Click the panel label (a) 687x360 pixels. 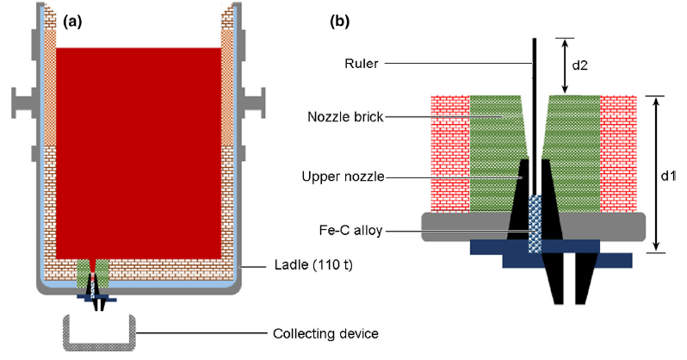tap(70, 22)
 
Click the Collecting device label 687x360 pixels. tap(325, 333)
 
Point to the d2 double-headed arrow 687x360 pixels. tap(565, 65)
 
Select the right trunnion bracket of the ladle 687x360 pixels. tap(251, 103)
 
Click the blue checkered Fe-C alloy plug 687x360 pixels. tap(535, 224)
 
